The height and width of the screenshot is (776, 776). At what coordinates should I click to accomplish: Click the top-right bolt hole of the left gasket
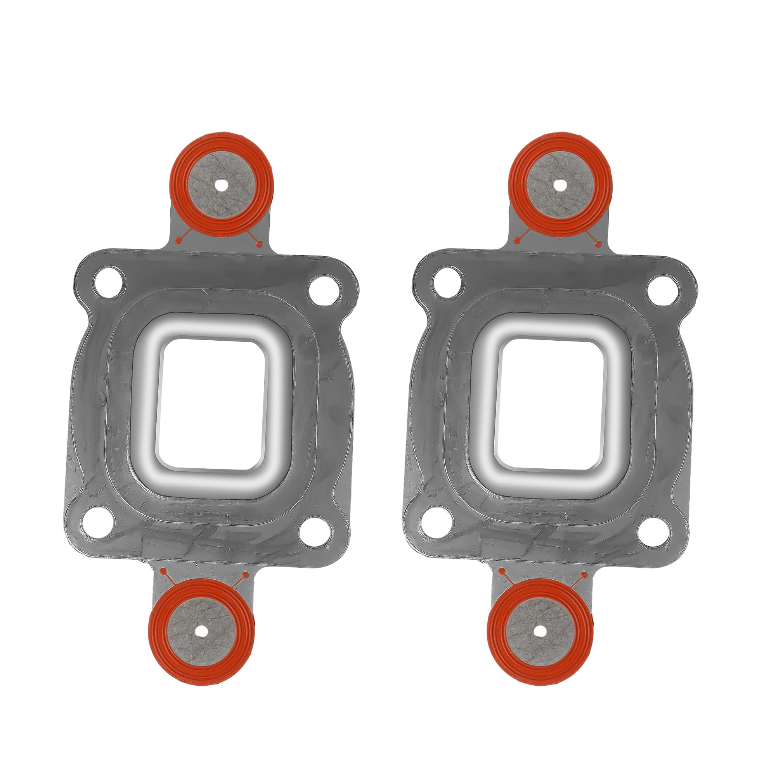pos(324,290)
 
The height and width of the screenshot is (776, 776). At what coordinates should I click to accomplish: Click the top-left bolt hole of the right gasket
pos(447,282)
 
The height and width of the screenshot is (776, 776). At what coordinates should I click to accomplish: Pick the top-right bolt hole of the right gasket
pos(663,290)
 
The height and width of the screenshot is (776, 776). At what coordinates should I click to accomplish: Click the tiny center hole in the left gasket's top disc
pos(221,185)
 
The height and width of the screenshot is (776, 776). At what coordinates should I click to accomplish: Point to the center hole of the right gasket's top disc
pos(560,185)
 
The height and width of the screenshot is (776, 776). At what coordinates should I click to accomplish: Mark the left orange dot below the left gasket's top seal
pos(178,240)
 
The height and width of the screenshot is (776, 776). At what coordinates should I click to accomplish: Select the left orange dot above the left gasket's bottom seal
pos(162,570)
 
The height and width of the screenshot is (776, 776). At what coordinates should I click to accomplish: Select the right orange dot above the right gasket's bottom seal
pos(584,575)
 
